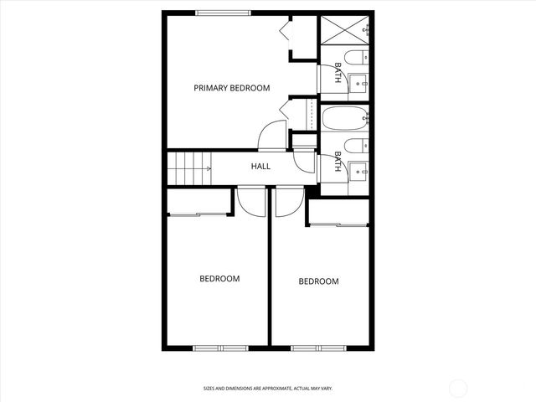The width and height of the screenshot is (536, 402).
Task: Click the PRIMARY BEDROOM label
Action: coord(232,88)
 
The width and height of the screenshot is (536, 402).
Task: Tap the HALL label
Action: coord(260,167)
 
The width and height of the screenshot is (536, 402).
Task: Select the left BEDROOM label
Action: coord(219,279)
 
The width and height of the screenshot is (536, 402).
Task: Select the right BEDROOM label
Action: coord(319,281)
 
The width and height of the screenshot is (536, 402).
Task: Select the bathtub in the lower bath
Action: coord(343,118)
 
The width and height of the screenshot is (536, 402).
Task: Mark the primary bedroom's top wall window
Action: coord(223,12)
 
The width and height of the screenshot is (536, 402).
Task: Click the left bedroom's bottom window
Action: coord(219,347)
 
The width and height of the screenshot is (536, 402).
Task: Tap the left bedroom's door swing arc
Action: coord(250,199)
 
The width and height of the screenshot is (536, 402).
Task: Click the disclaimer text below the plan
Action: coord(268,388)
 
